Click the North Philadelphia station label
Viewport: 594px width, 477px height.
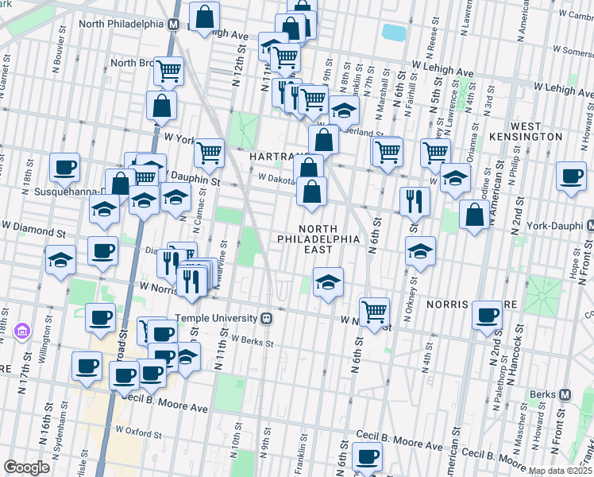[x=121, y=23]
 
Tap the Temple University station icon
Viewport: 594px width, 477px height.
[x=267, y=318]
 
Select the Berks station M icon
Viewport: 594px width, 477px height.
[x=565, y=394]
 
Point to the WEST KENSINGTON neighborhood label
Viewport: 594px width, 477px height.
[x=536, y=132]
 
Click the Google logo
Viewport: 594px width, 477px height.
[x=26, y=467]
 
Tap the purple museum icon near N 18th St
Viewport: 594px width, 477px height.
[x=21, y=330]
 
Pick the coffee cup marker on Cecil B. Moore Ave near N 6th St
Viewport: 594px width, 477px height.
[x=366, y=456]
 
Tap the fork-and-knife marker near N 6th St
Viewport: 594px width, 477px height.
[x=414, y=201]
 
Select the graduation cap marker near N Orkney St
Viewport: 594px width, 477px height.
[x=420, y=252]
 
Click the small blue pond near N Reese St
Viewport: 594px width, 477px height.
[x=393, y=33]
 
